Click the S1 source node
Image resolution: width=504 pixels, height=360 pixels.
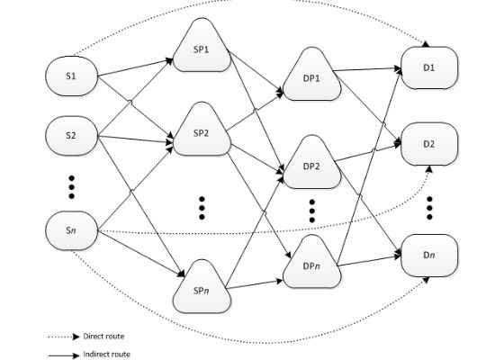71,76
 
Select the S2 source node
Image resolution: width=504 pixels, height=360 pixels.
71,136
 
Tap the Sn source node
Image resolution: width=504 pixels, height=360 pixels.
71,230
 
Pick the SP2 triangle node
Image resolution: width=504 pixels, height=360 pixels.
202,131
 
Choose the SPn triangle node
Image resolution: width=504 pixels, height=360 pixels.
202,289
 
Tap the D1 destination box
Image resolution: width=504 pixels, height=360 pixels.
429,67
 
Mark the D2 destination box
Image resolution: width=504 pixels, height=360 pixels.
429,144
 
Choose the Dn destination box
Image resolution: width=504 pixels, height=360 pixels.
429,256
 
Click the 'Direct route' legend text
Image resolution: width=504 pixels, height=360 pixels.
103,337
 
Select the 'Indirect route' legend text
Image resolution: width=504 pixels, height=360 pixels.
107,355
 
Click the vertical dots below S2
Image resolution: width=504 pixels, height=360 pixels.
72,187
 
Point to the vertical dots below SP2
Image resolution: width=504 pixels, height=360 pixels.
202,208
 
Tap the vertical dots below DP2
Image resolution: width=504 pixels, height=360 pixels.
311,211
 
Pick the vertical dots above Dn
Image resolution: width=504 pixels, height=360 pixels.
429,208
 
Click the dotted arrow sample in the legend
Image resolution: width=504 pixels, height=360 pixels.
64,337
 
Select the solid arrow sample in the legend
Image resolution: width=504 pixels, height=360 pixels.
64,355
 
